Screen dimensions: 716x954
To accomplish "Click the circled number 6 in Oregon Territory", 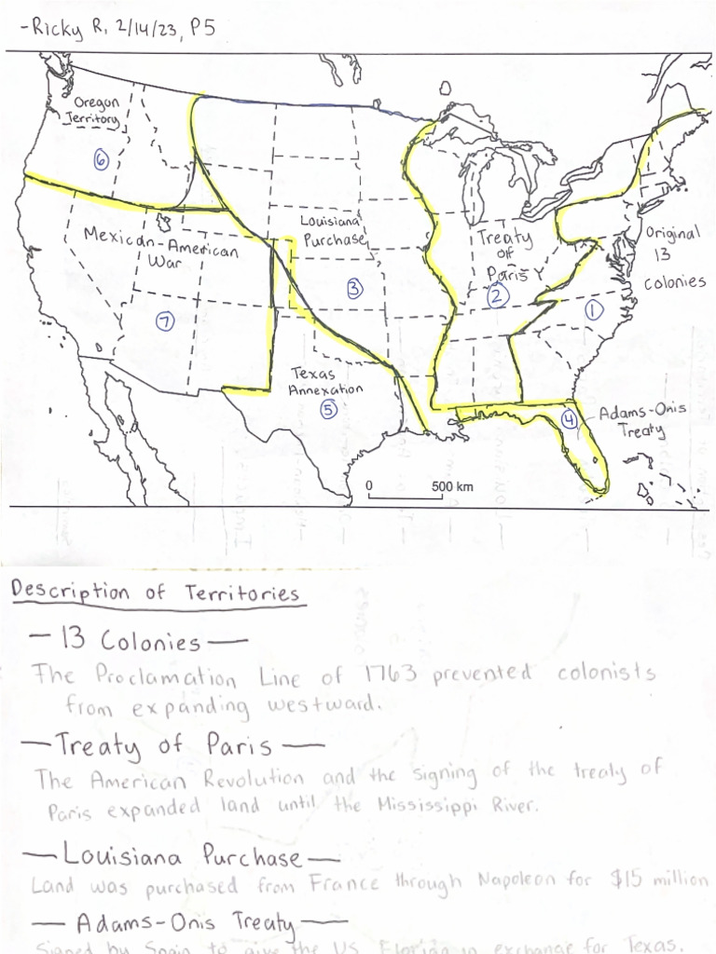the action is click(102, 159).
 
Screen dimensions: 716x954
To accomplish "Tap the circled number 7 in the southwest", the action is click(165, 321).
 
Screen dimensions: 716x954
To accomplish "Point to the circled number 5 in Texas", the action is click(328, 408).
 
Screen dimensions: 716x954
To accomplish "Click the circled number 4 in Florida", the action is click(570, 420).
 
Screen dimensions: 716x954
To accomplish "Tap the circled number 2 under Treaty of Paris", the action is click(497, 296).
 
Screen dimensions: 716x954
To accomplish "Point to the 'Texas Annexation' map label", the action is click(325, 382).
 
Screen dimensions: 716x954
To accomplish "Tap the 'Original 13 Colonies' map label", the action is click(673, 254).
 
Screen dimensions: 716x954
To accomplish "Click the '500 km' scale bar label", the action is click(452, 486).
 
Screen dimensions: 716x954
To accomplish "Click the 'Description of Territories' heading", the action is click(155, 593).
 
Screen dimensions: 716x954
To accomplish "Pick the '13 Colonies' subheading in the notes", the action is click(130, 641).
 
